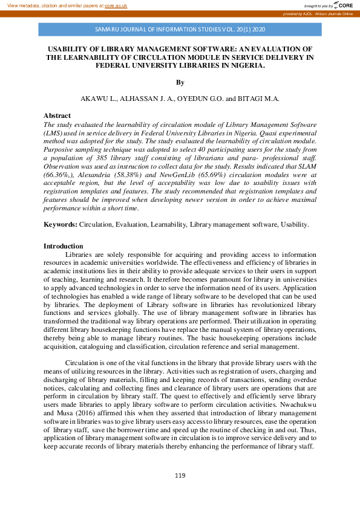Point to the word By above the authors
pos(180,82)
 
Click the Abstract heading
pos(57,115)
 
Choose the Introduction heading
pos(64,246)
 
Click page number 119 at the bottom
pos(180,476)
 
